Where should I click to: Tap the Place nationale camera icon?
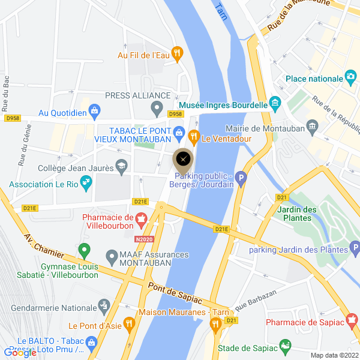point(351,78)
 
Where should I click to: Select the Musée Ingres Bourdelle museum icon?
point(275,103)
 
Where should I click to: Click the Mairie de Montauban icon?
point(312,127)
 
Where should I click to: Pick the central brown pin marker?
point(184,159)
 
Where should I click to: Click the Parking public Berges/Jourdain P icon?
point(241,178)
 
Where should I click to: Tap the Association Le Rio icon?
point(86,180)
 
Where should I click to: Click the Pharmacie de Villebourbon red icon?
point(141,220)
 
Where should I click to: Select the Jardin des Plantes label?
point(298,214)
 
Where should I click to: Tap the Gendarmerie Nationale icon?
point(104,306)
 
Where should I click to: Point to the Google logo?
point(20,353)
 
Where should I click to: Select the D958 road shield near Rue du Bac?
point(12,118)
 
